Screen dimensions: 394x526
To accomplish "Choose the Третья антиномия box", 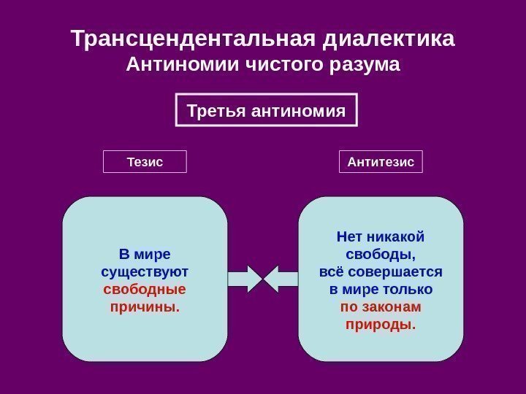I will (x=267, y=112).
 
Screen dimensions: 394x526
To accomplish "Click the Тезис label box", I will (x=145, y=161).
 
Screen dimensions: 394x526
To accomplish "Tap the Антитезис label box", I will (x=381, y=161).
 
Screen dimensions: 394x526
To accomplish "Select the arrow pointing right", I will (x=245, y=278).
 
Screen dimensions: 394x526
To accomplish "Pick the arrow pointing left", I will (x=281, y=278).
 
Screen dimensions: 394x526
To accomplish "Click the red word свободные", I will (x=145, y=289).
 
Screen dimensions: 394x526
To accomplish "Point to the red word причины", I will (x=145, y=306).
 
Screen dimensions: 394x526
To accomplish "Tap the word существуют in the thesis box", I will (x=145, y=272).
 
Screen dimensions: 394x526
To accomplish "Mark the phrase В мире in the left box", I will (x=145, y=255).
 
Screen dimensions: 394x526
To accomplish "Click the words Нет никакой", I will (x=381, y=237).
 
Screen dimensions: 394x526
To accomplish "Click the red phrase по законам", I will (x=381, y=306).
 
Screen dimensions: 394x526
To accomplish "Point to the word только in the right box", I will (x=405, y=290).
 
